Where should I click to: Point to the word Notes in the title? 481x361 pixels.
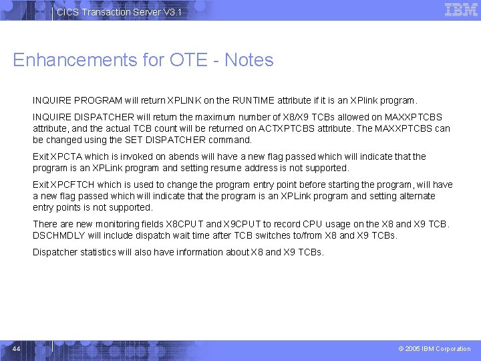tap(249, 60)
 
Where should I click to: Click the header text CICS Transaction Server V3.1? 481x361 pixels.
tap(118, 13)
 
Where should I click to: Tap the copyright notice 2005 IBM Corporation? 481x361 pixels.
tap(434, 348)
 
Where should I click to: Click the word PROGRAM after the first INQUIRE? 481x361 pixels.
tap(98, 101)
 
